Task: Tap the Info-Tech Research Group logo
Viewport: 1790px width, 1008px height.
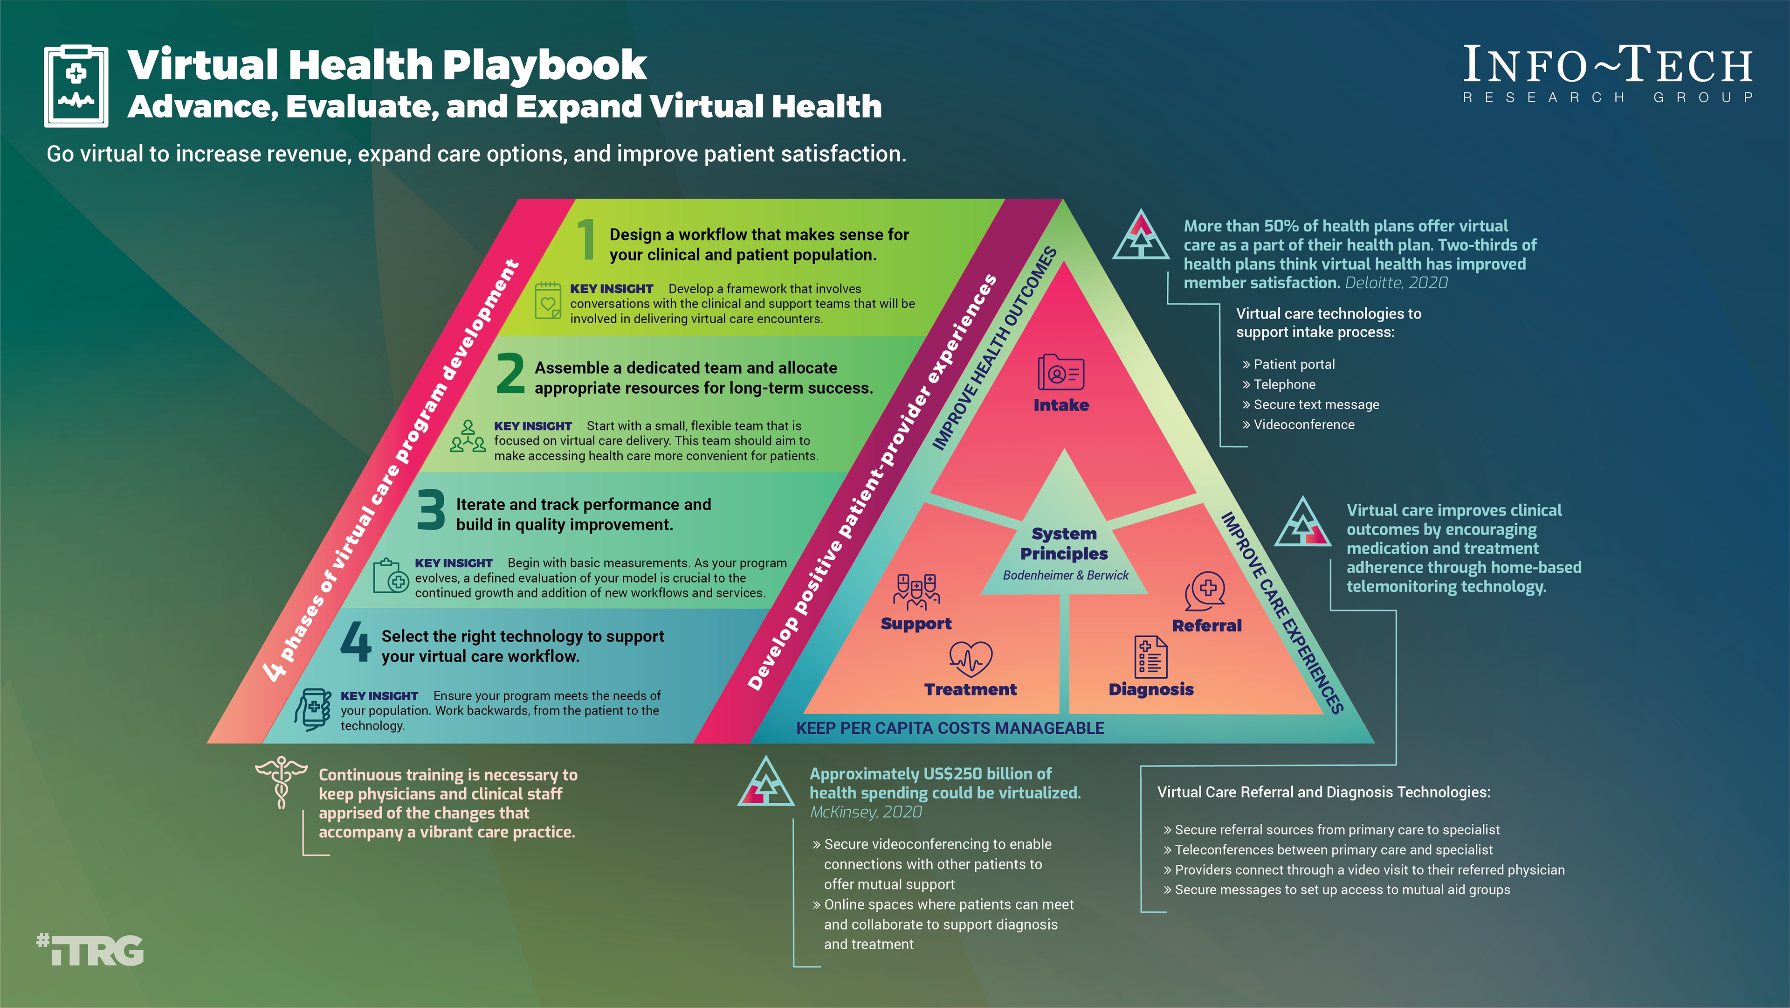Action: pyautogui.click(x=1607, y=73)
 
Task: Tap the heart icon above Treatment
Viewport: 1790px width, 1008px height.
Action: pyautogui.click(x=970, y=658)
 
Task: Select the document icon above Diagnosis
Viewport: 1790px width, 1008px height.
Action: pyautogui.click(x=1151, y=656)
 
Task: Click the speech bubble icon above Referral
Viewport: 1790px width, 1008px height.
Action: pyautogui.click(x=1205, y=591)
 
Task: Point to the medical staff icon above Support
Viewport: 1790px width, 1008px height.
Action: pyautogui.click(x=916, y=591)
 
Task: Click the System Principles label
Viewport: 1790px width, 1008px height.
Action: pyautogui.click(x=1064, y=543)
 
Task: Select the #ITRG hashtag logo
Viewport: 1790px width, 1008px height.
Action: pyautogui.click(x=90, y=951)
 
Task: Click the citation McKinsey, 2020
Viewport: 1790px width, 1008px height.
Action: pyautogui.click(x=866, y=812)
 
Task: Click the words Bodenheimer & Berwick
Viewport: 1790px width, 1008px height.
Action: pyautogui.click(x=1065, y=575)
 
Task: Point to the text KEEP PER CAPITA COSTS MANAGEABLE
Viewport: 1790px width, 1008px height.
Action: pyautogui.click(x=950, y=728)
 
